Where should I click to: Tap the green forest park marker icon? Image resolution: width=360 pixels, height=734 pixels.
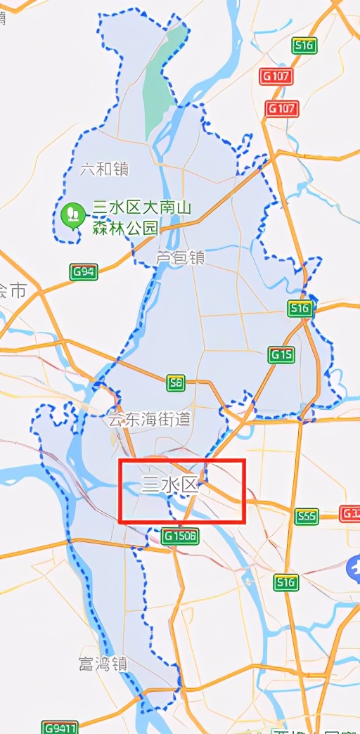click(72, 214)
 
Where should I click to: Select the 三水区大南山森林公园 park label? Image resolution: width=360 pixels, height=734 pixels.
click(142, 218)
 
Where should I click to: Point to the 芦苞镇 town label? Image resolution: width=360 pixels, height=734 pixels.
click(179, 258)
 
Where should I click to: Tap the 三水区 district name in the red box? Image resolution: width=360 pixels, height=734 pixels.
click(171, 486)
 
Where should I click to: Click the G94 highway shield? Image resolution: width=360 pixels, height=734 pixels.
click(84, 271)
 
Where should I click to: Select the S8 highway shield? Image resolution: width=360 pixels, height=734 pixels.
click(176, 383)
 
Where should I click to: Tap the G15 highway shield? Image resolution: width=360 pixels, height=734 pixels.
click(281, 356)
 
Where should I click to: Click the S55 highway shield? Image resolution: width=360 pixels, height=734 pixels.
click(307, 517)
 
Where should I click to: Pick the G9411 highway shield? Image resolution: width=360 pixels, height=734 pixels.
click(60, 727)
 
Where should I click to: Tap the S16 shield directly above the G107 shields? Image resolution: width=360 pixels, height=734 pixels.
click(303, 45)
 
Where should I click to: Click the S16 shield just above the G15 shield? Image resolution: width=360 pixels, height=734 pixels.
click(300, 309)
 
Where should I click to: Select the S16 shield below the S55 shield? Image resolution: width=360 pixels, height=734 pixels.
click(287, 582)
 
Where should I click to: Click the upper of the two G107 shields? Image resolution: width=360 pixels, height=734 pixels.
click(276, 77)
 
